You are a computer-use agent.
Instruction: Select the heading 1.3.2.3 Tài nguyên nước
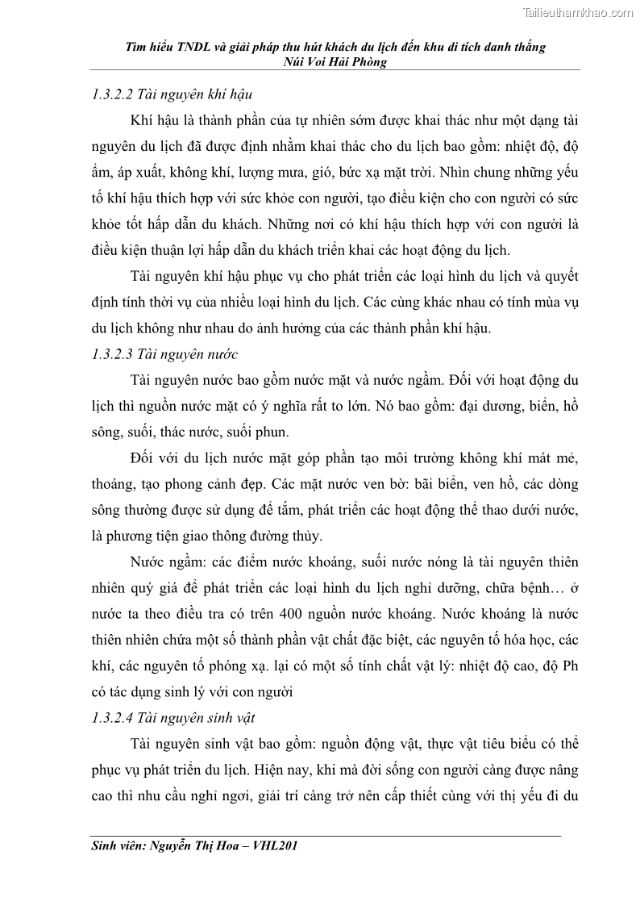164,353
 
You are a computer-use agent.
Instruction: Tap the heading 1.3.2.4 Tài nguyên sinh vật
174,716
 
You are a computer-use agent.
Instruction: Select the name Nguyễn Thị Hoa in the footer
193,847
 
